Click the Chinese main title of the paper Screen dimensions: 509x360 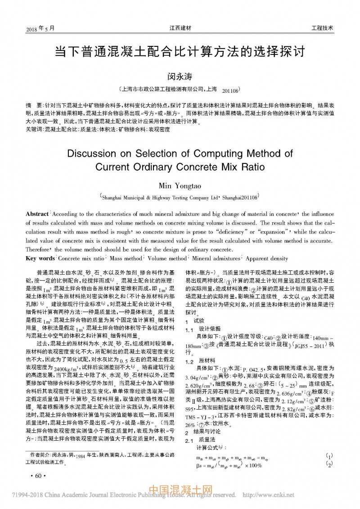click(x=180, y=50)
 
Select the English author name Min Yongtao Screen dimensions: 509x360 click(x=180, y=186)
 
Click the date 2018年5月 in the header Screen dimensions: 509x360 click(x=40, y=28)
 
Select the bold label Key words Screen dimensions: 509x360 click(x=40, y=259)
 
